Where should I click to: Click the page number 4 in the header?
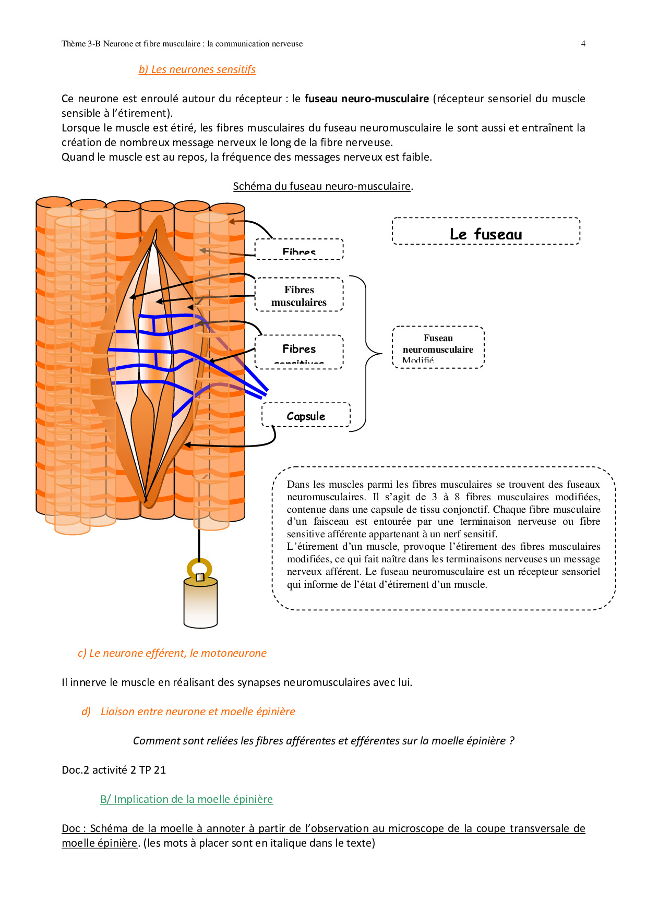tap(583, 44)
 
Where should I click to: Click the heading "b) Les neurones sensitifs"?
tap(197, 69)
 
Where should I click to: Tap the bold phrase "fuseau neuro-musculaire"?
tap(366, 99)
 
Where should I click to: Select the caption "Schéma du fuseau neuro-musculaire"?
tap(322, 186)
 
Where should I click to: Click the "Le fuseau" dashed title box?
tap(486, 231)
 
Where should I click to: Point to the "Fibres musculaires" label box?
tap(299, 295)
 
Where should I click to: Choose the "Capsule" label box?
tap(306, 415)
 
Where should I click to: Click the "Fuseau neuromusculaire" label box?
tap(438, 347)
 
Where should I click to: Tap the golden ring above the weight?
tap(199, 569)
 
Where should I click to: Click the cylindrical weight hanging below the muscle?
tap(201, 604)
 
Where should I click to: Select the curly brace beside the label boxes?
tap(367, 353)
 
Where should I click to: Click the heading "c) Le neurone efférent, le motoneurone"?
tap(172, 653)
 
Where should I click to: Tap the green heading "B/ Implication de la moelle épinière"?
tap(186, 799)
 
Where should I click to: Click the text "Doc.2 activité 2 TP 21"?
tap(114, 770)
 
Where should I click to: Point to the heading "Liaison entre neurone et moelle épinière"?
tap(198, 712)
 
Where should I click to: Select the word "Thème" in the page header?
tap(74, 44)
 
